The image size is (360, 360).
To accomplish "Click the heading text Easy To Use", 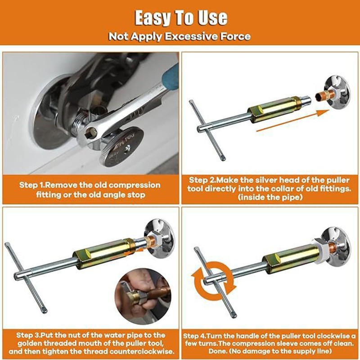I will (180, 18).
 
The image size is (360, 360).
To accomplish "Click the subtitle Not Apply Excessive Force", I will (180, 36).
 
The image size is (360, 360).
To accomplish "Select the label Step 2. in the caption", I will (204, 179).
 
